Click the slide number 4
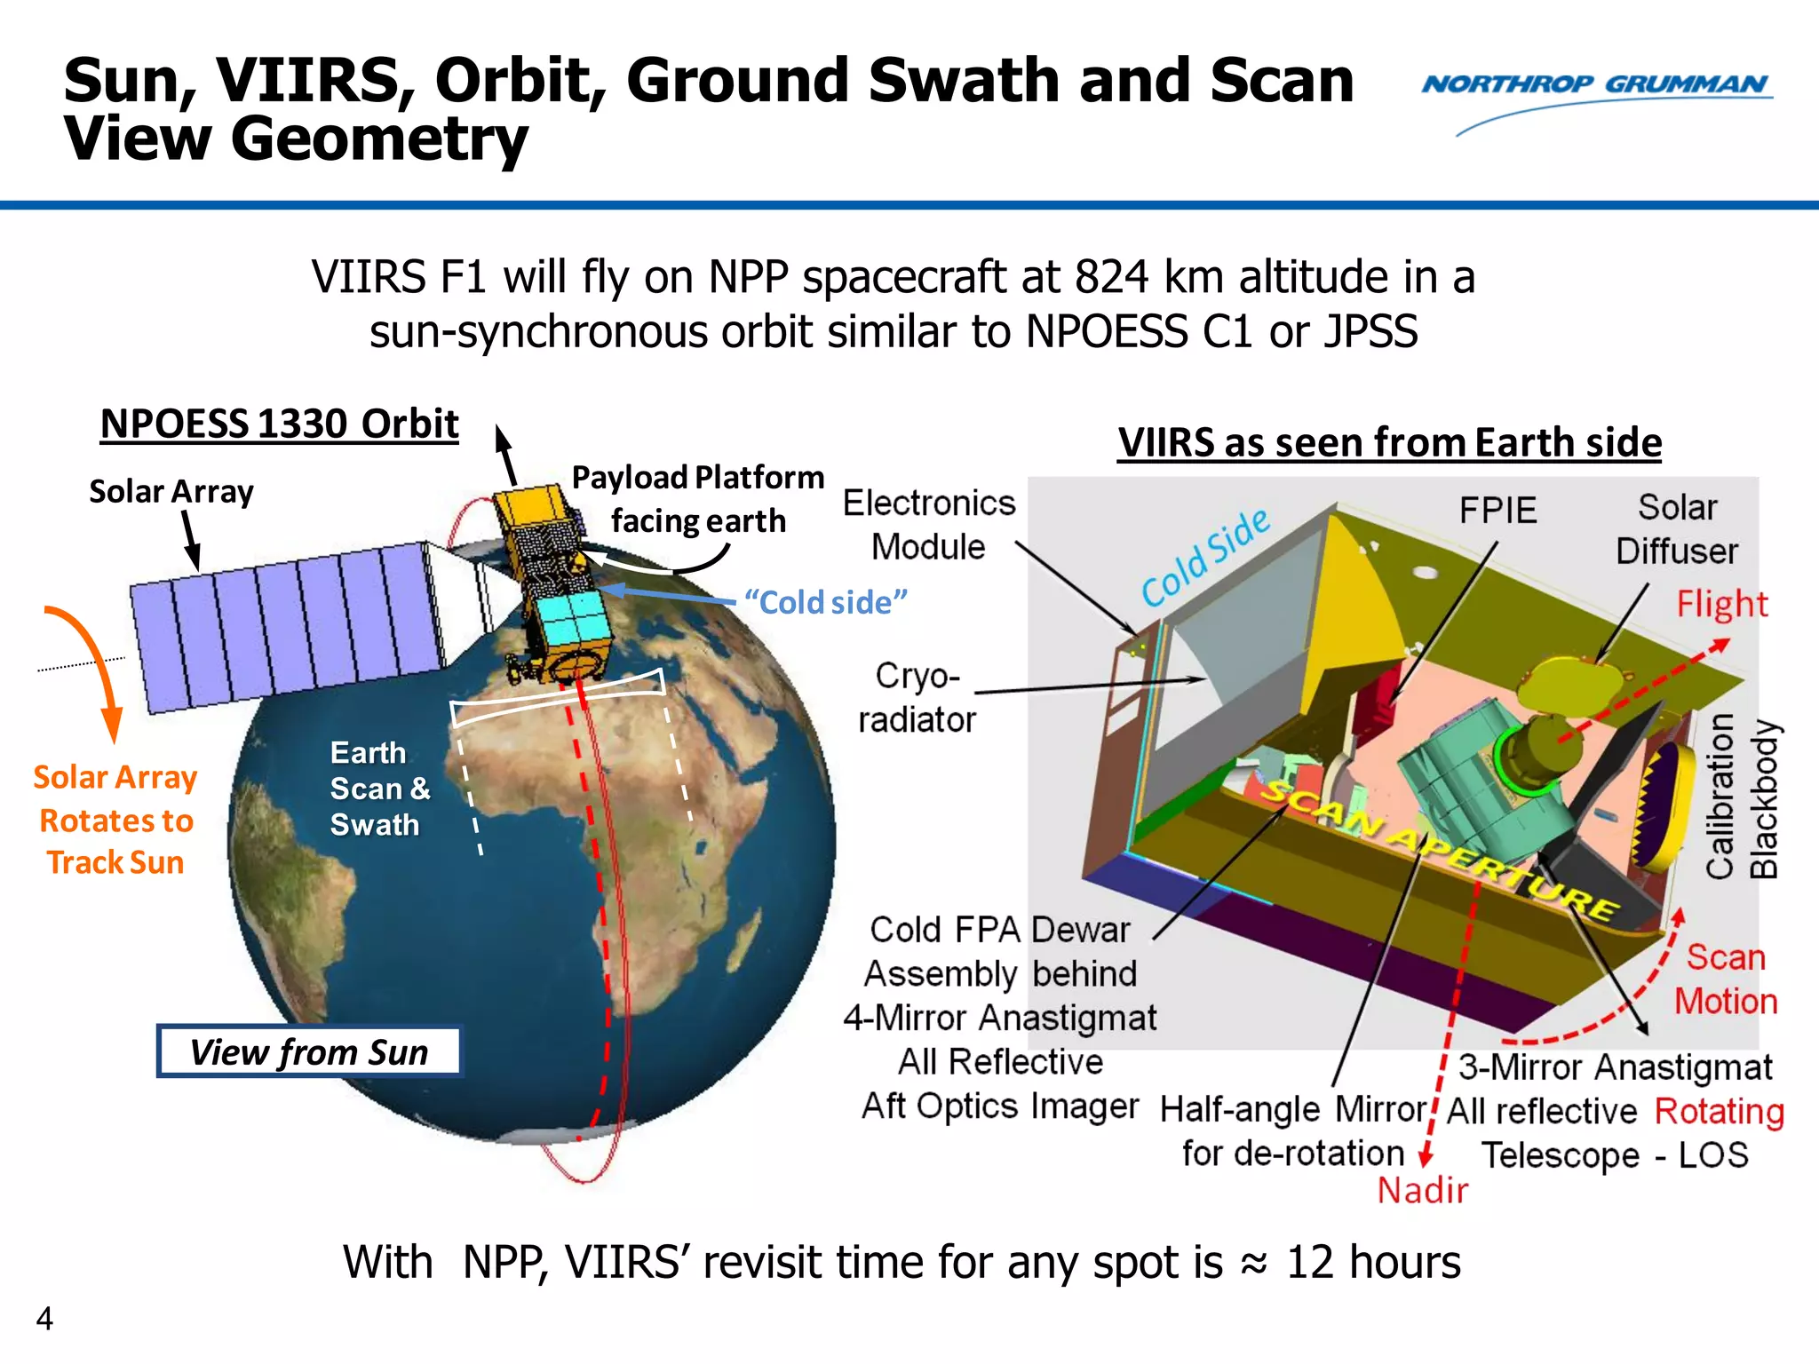tap(44, 1319)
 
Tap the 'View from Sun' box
tap(309, 1052)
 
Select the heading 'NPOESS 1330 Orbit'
tap(280, 424)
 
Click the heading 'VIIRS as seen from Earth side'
tap(1389, 442)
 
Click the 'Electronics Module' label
tap(928, 525)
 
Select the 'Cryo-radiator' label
tap(917, 698)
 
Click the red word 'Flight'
tap(1721, 605)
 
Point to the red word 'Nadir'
tap(1422, 1191)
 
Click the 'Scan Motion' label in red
tap(1725, 979)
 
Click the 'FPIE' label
tap(1497, 511)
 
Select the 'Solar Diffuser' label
tap(1676, 529)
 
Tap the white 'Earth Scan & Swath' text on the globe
tap(379, 789)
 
